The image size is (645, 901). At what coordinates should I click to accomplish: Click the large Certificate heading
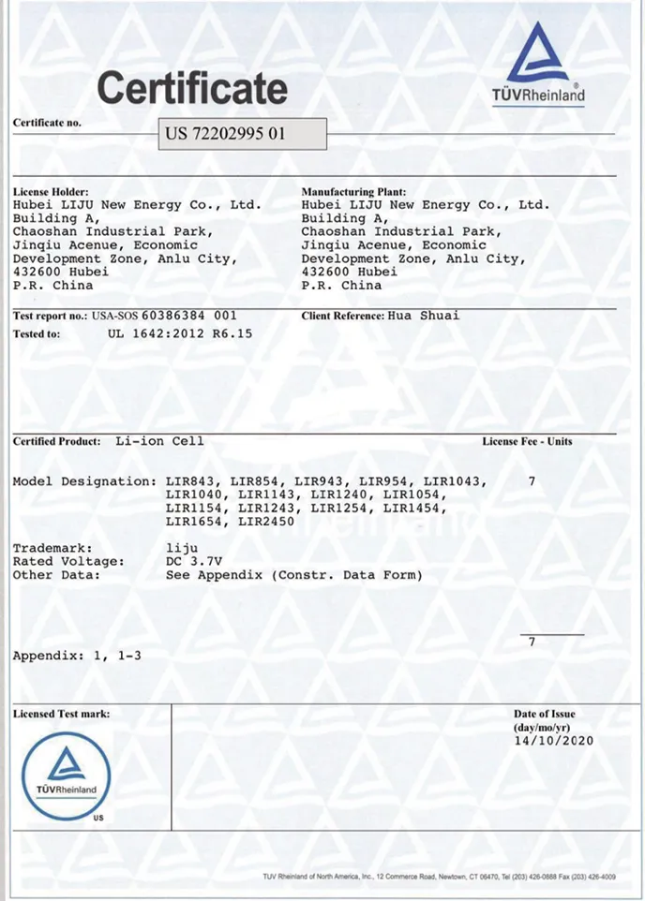pyautogui.click(x=192, y=89)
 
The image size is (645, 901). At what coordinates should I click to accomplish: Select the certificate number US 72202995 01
pyautogui.click(x=225, y=133)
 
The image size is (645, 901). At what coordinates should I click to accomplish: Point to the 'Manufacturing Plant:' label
pyautogui.click(x=353, y=192)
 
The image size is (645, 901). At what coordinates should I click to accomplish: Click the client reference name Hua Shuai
pyautogui.click(x=423, y=316)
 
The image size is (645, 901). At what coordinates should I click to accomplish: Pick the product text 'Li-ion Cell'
pyautogui.click(x=159, y=440)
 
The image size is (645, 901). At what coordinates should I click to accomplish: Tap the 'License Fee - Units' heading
pyautogui.click(x=527, y=441)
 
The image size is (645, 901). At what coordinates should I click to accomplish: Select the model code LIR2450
pyautogui.click(x=267, y=521)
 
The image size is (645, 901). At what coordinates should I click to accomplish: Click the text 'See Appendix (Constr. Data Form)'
pyautogui.click(x=293, y=574)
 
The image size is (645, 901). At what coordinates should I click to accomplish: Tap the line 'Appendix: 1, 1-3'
pyautogui.click(x=77, y=655)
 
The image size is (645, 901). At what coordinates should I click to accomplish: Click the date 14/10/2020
pyautogui.click(x=553, y=741)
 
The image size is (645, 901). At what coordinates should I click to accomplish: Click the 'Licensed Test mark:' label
pyautogui.click(x=61, y=714)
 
